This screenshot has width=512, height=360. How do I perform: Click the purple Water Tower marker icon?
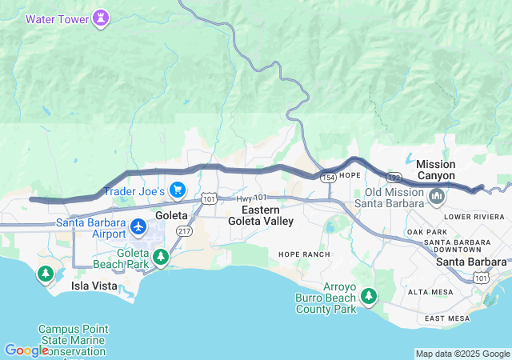pyautogui.click(x=100, y=18)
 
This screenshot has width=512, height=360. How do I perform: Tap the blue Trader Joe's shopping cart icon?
pyautogui.click(x=177, y=190)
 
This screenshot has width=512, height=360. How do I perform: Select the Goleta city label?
pyautogui.click(x=171, y=215)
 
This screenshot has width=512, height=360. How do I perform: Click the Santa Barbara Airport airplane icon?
pyautogui.click(x=138, y=227)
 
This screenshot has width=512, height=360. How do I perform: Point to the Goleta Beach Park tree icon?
pyautogui.click(x=162, y=256)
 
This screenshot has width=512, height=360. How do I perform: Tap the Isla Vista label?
pyautogui.click(x=94, y=286)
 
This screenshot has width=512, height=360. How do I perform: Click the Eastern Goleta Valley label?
pyautogui.click(x=261, y=215)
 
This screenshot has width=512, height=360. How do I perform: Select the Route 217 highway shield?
pyautogui.click(x=183, y=230)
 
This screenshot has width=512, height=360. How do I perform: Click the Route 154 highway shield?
pyautogui.click(x=327, y=174)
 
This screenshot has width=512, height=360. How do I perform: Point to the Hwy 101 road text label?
pyautogui.click(x=251, y=197)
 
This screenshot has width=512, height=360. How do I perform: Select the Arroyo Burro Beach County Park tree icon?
pyautogui.click(x=368, y=298)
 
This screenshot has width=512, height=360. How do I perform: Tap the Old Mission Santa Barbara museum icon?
pyautogui.click(x=437, y=196)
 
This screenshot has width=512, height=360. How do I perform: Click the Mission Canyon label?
pyautogui.click(x=436, y=170)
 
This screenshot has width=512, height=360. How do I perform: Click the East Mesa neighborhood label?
pyautogui.click(x=446, y=318)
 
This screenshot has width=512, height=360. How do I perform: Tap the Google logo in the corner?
pyautogui.click(x=26, y=350)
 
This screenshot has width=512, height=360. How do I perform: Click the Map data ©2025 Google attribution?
pyautogui.click(x=462, y=354)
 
